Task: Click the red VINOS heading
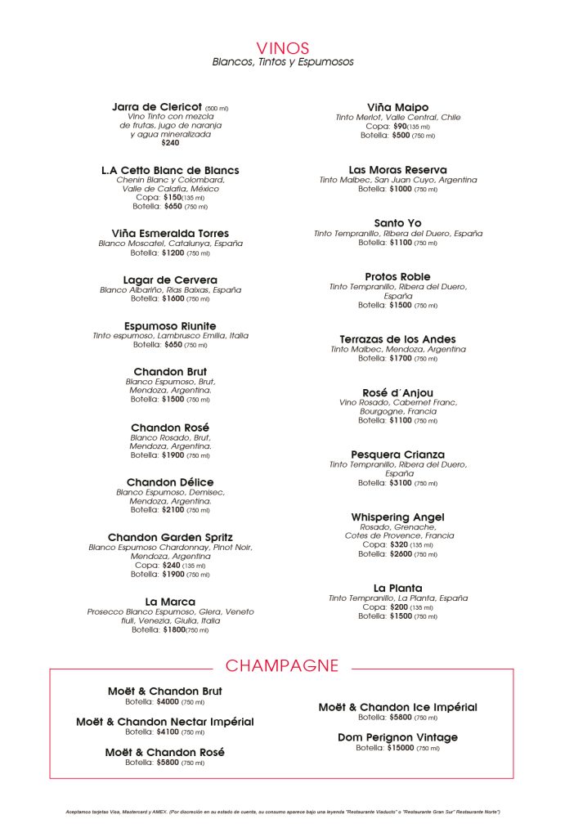pyautogui.click(x=282, y=48)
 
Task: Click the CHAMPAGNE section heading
pyautogui.click(x=282, y=665)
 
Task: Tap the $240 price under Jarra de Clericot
pyautogui.click(x=170, y=143)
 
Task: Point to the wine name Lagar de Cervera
pyautogui.click(x=170, y=280)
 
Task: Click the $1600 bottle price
pyautogui.click(x=173, y=299)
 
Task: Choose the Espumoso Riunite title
pyautogui.click(x=170, y=326)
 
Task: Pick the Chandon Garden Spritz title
pyautogui.click(x=170, y=537)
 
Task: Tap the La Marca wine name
pyautogui.click(x=170, y=602)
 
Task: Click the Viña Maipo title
pyautogui.click(x=397, y=107)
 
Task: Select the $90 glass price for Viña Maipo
pyautogui.click(x=400, y=127)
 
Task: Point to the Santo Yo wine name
pyautogui.click(x=397, y=223)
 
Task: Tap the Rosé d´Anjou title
pyautogui.click(x=397, y=393)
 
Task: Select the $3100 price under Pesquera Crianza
pyautogui.click(x=401, y=483)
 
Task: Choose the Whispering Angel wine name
pyautogui.click(x=397, y=517)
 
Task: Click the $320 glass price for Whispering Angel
pyautogui.click(x=398, y=544)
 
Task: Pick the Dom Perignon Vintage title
pyautogui.click(x=397, y=737)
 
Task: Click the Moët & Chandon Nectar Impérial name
pyautogui.click(x=165, y=722)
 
